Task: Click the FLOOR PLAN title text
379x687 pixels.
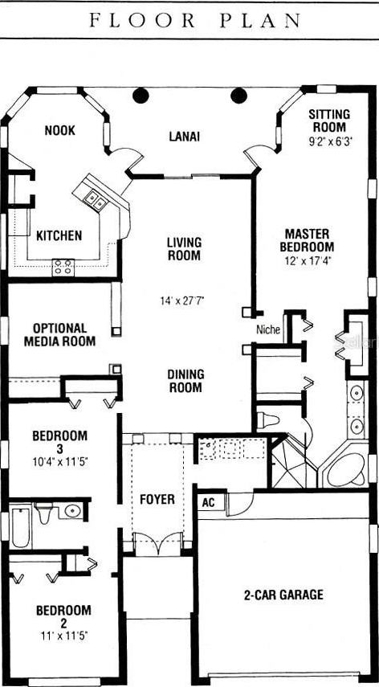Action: tap(195, 21)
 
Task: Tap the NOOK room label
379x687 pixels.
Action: tap(60, 130)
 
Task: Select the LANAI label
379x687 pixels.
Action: tap(184, 137)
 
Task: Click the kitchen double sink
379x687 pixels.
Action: tap(96, 201)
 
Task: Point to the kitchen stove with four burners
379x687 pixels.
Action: tap(63, 268)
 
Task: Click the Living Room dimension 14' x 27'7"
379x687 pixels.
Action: tap(182, 301)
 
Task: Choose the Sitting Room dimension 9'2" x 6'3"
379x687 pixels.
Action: tap(331, 141)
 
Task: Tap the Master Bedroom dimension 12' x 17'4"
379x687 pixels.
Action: tap(307, 260)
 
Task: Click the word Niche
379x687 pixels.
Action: tap(268, 329)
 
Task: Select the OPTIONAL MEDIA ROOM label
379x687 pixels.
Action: tap(59, 335)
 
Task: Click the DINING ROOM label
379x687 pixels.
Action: tap(186, 381)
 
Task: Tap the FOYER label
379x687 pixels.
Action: tap(157, 499)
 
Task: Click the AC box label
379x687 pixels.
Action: tap(209, 502)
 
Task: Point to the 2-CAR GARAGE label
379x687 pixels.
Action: tap(283, 595)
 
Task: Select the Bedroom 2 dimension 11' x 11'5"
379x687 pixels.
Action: tap(63, 635)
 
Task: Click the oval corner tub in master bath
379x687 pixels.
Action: tap(347, 470)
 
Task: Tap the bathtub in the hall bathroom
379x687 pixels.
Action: tap(20, 527)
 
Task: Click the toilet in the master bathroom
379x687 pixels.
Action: tap(268, 420)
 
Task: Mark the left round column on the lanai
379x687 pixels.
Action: tap(141, 95)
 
